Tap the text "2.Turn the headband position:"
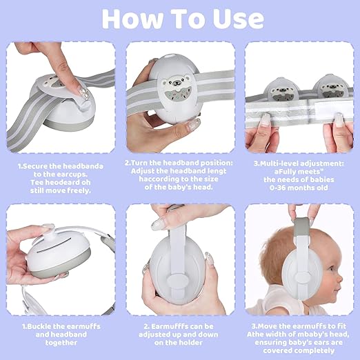click(x=179, y=164)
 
